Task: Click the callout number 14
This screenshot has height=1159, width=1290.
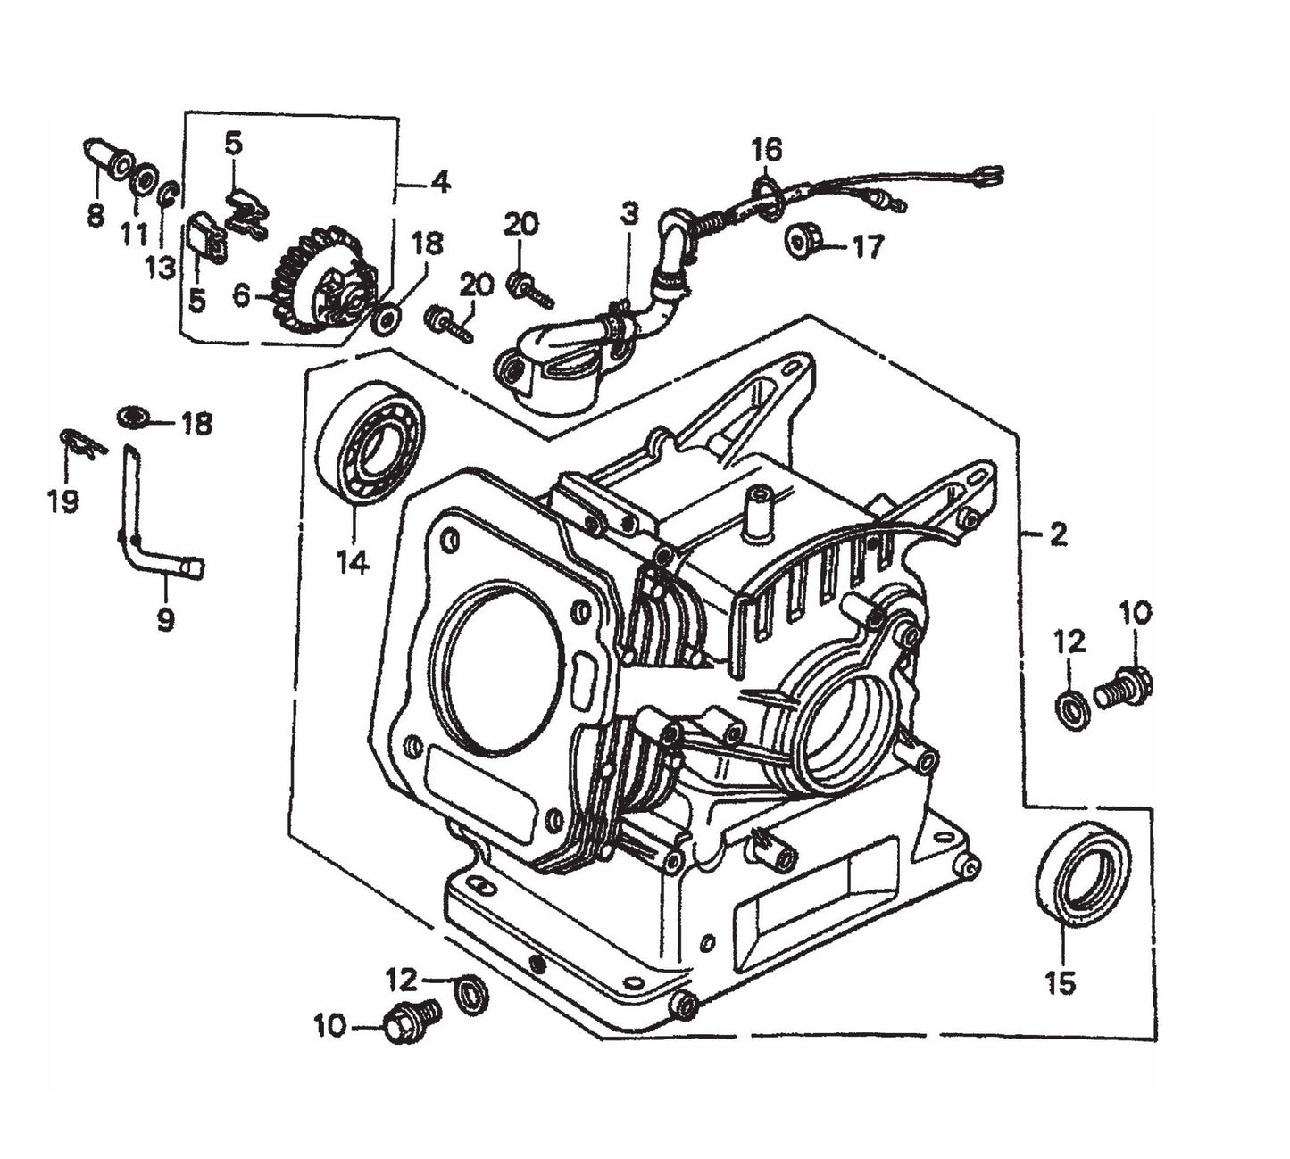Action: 353,563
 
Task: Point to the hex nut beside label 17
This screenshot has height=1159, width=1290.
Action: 804,241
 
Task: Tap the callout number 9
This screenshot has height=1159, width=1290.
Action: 165,619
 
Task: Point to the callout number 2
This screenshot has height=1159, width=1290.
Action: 1058,535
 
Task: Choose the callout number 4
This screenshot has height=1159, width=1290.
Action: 439,184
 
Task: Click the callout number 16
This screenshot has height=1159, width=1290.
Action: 766,149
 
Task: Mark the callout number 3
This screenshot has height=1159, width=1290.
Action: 630,214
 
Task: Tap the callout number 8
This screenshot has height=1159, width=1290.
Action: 96,215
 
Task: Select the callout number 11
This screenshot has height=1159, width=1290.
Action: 134,234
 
